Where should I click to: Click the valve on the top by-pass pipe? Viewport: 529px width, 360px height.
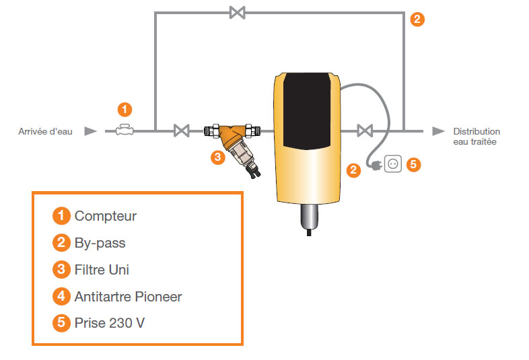pyautogui.click(x=237, y=13)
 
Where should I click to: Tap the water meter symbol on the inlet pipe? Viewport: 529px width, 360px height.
pyautogui.click(x=125, y=131)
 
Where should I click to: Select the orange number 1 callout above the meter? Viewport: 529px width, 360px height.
pyautogui.click(x=125, y=109)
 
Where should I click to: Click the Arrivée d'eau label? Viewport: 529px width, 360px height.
pyautogui.click(x=45, y=131)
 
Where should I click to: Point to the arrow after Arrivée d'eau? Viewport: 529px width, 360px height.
pyautogui.click(x=90, y=131)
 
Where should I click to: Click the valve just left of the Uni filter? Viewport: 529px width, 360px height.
pyautogui.click(x=182, y=131)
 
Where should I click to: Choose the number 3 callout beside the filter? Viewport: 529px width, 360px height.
pyautogui.click(x=217, y=157)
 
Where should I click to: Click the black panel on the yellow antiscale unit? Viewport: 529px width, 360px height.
pyautogui.click(x=307, y=110)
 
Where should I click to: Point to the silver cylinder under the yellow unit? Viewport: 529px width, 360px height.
pyautogui.click(x=309, y=217)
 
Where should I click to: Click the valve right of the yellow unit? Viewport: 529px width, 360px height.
pyautogui.click(x=365, y=131)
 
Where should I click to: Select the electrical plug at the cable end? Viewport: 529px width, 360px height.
pyautogui.click(x=375, y=166)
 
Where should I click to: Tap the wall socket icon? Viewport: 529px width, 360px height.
pyautogui.click(x=393, y=164)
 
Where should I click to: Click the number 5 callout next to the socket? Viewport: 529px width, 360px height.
pyautogui.click(x=414, y=164)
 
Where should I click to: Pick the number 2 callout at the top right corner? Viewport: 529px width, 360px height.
pyautogui.click(x=417, y=20)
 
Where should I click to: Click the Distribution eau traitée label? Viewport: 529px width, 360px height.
pyautogui.click(x=477, y=137)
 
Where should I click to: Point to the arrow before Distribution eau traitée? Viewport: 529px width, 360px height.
pyautogui.click(x=439, y=131)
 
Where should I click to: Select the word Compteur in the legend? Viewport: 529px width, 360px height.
pyautogui.click(x=106, y=216)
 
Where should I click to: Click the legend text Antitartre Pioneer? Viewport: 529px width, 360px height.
pyautogui.click(x=128, y=297)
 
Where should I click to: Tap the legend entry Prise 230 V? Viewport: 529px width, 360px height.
pyautogui.click(x=110, y=323)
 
